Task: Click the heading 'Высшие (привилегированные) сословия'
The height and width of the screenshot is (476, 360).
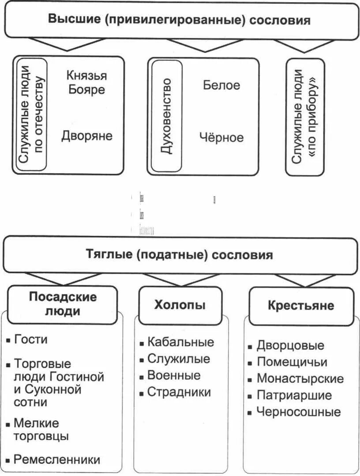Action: tap(179, 20)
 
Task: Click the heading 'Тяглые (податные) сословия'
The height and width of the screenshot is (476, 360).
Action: tap(179, 255)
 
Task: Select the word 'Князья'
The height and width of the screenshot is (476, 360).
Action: tap(86, 75)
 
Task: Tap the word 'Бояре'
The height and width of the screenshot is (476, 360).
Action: tap(86, 90)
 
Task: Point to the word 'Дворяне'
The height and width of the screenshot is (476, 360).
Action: tap(87, 135)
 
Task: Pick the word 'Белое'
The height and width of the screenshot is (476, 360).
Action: tap(221, 85)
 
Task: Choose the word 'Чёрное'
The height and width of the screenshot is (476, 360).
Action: tap(221, 137)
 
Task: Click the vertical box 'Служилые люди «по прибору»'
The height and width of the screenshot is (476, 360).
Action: tap(305, 117)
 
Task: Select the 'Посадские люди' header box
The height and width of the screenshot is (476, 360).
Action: tap(63, 304)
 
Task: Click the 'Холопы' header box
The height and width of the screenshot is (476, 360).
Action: tap(180, 305)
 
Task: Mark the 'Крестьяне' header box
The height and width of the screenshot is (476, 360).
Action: tap(301, 306)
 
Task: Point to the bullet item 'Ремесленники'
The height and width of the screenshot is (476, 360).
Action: tap(57, 459)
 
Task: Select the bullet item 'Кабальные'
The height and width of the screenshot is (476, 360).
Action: tap(180, 342)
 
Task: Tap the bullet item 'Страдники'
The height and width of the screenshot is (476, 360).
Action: tap(179, 392)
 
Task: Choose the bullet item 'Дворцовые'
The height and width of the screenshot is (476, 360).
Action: tap(290, 345)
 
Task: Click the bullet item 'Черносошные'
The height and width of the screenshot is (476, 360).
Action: tap(299, 412)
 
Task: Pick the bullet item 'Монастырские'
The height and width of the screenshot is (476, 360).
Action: tap(300, 378)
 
